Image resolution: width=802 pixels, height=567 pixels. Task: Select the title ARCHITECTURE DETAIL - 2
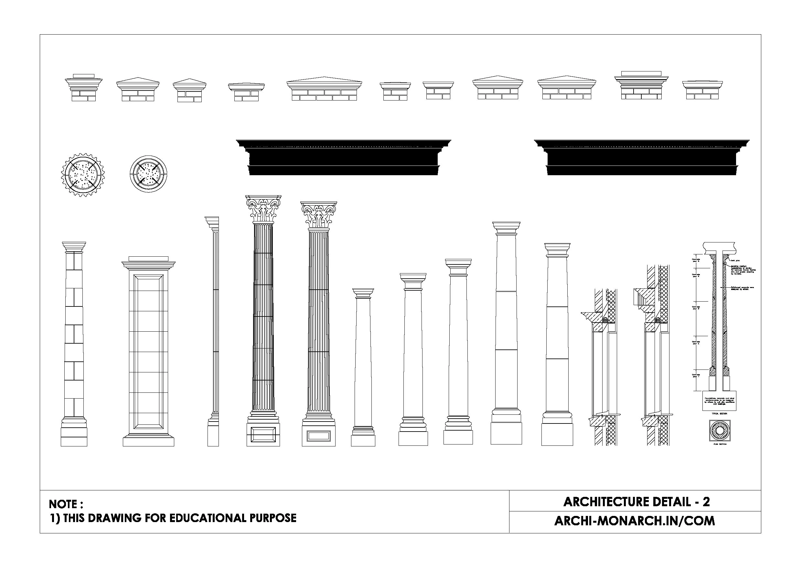pos(636,502)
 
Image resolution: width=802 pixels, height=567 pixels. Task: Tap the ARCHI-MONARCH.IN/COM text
pos(634,521)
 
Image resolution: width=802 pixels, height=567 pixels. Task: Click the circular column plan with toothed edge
pos(83,175)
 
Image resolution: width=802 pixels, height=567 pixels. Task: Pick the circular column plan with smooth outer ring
pos(148,174)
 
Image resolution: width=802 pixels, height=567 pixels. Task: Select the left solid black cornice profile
pos(343,157)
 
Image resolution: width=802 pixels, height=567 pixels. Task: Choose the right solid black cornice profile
pos(642,157)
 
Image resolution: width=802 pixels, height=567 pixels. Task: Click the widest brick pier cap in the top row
pos(324,89)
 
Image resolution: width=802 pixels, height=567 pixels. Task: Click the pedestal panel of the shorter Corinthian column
pos(318,435)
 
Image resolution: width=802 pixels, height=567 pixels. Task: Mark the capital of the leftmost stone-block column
pos(74,246)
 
